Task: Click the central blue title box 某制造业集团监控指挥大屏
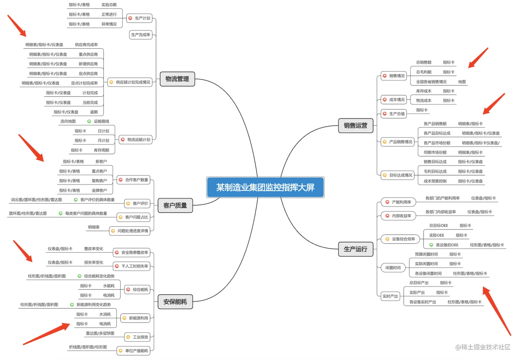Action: tap(265, 187)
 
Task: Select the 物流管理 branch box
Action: tap(177, 79)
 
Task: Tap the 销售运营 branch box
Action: tap(356, 126)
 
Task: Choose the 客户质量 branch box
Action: tap(175, 205)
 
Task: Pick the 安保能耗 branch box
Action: tap(175, 302)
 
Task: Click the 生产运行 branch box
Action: tap(356, 249)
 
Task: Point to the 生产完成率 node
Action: tap(141, 35)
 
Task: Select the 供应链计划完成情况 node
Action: tap(130, 82)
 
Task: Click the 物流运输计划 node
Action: tap(136, 140)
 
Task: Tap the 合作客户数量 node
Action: tap(134, 180)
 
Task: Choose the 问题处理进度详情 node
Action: tap(130, 231)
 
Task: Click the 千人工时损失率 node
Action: tap(132, 266)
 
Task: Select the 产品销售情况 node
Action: tap(398, 142)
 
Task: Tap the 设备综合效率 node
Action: tap(400, 239)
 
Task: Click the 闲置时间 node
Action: tap(393, 268)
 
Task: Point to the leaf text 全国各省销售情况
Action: tap(431, 82)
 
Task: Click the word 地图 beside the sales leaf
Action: tap(462, 82)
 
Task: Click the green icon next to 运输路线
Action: tap(89, 121)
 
